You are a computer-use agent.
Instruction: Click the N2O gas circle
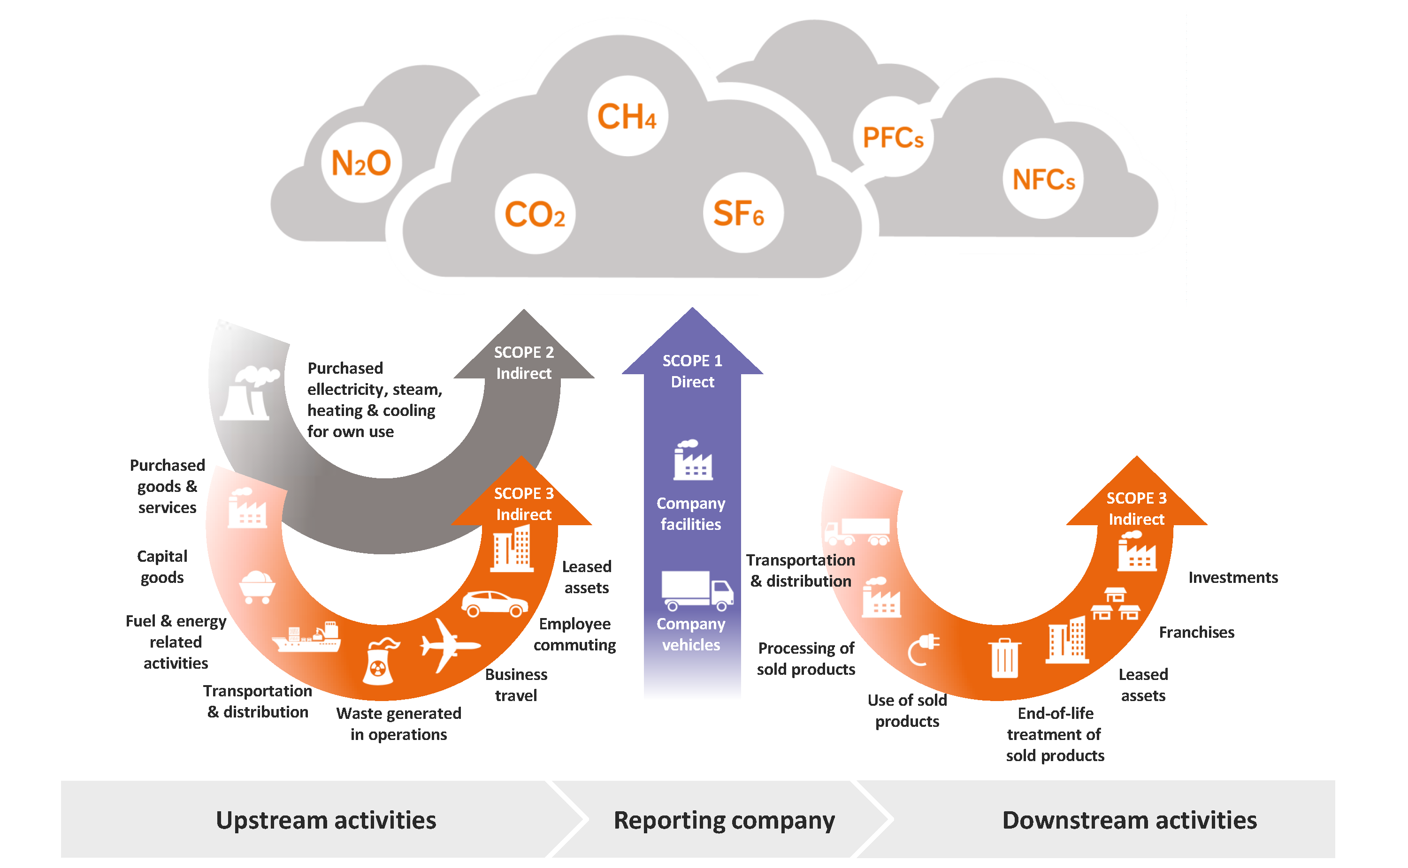[361, 163]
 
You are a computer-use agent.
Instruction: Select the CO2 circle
[535, 214]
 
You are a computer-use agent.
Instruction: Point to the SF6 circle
[743, 213]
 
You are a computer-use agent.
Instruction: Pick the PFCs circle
[893, 138]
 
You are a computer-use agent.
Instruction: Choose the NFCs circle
[1043, 179]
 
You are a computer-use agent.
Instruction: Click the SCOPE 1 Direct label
[692, 371]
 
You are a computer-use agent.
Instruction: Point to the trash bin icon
[1004, 658]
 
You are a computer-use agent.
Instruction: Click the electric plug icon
[924, 649]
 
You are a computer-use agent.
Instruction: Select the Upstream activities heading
[326, 820]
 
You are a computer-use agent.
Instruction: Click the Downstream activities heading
[1129, 820]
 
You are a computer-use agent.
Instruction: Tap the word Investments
[1233, 578]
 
